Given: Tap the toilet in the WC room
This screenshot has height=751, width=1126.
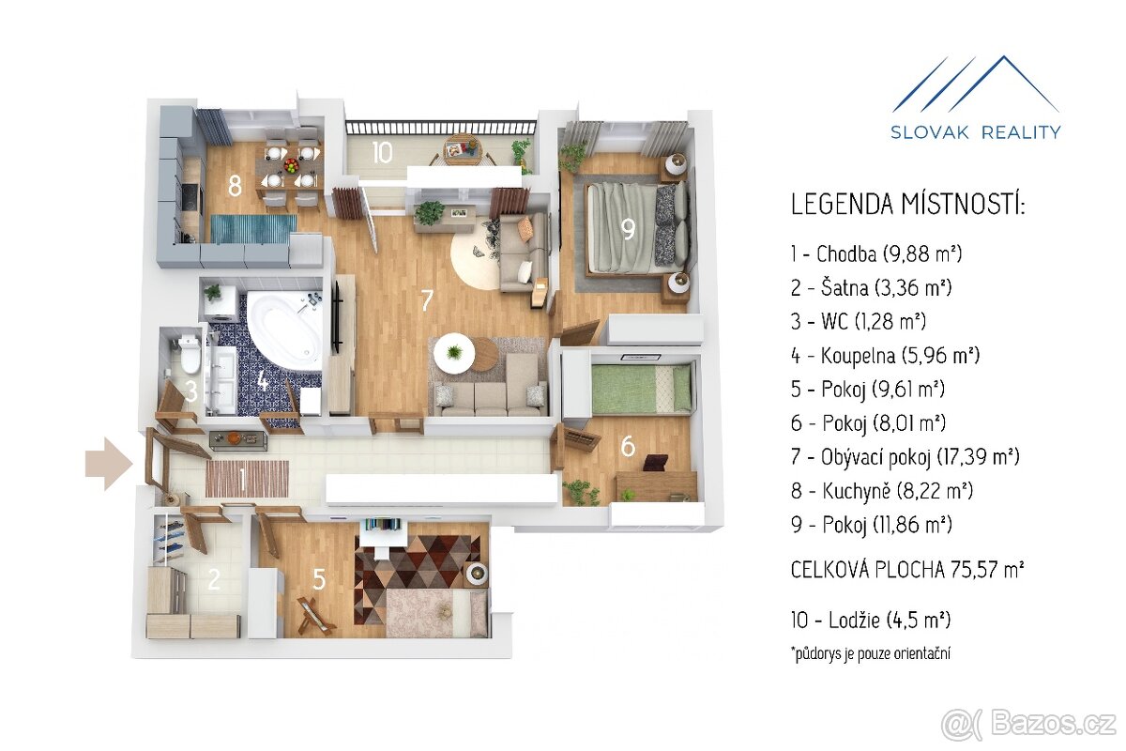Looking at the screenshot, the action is point(189,354).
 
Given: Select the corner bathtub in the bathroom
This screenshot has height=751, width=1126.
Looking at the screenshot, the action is point(286,330).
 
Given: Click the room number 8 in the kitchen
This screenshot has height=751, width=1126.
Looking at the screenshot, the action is point(235,187).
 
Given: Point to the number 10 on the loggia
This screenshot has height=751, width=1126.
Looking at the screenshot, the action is point(383,152).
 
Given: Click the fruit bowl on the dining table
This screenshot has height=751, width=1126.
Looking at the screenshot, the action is point(291,164).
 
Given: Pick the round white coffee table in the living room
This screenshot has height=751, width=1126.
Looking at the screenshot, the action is point(454,353).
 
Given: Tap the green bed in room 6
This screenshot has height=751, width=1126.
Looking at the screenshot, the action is point(640,389).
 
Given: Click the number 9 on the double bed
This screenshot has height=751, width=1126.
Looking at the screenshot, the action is point(628,230).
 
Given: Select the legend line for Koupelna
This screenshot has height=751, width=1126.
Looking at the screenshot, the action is point(885,356).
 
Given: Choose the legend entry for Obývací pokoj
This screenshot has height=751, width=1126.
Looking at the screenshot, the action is point(905,457).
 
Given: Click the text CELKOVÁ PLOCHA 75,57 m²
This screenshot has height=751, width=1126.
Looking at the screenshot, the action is point(907,570).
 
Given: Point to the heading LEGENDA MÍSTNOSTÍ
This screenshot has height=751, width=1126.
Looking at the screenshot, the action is point(907,205).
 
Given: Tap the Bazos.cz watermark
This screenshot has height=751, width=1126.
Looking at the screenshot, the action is point(1032,725).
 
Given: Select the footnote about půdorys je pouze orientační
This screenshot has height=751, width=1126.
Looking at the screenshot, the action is point(871,653).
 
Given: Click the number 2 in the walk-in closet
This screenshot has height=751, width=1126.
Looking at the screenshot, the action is point(214,579).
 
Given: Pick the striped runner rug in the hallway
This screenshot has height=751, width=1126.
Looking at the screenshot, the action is point(247,479).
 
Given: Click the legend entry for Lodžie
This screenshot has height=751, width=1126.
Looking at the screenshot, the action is point(871,620).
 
